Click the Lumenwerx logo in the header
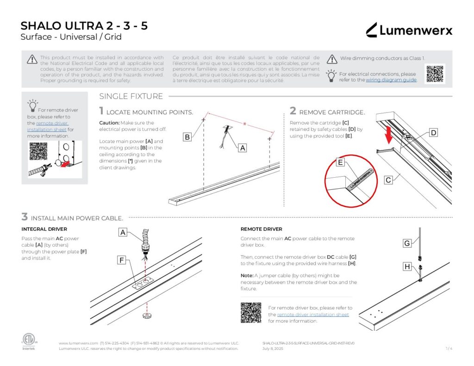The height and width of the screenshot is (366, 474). (x=409, y=31)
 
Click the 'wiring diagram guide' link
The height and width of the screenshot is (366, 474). (x=391, y=80)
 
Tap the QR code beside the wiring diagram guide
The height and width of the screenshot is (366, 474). (x=435, y=74)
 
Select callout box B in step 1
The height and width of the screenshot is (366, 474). (x=187, y=137)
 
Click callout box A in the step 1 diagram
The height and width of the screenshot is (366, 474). (x=242, y=148)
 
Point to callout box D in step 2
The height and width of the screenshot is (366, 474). (x=433, y=133)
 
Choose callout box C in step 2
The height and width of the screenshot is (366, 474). (x=388, y=180)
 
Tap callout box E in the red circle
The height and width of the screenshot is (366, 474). (x=340, y=162)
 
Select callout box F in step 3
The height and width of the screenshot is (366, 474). (x=122, y=261)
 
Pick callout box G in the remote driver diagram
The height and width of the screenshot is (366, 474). (x=407, y=243)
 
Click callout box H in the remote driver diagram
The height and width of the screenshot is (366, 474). (x=407, y=267)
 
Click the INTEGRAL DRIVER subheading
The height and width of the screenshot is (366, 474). (x=44, y=229)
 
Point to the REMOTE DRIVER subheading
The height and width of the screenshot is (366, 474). (x=261, y=229)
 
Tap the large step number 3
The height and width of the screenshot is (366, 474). (x=25, y=217)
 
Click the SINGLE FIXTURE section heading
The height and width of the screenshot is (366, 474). (x=131, y=97)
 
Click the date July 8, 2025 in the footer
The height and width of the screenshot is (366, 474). (x=273, y=348)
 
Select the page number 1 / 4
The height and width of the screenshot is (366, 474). (x=449, y=348)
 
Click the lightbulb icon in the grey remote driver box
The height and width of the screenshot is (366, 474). (x=32, y=105)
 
